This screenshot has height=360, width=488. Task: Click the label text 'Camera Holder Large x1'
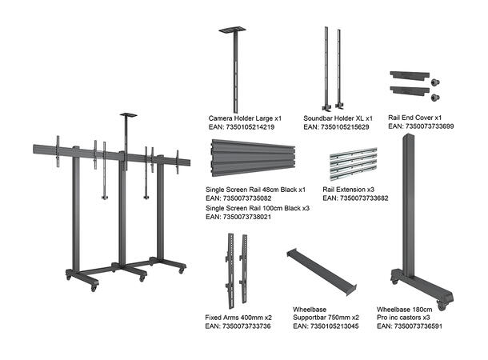click(246, 118)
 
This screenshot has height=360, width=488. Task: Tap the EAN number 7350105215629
click(336, 127)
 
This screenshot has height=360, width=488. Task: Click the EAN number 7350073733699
click(418, 126)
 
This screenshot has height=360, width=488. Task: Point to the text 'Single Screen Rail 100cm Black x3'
click(257, 208)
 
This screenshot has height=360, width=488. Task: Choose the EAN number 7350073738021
click(238, 217)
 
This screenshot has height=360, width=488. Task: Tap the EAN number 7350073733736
click(238, 326)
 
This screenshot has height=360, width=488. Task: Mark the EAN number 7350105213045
click(326, 326)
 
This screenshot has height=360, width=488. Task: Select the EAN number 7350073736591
click(409, 326)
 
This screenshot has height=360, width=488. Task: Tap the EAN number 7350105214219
click(241, 127)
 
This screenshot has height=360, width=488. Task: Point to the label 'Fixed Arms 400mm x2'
click(238, 318)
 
